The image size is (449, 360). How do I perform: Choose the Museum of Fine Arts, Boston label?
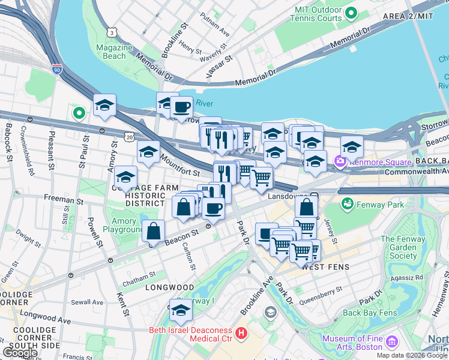[x=352, y=343]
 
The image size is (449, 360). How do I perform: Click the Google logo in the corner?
[x=20, y=352]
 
